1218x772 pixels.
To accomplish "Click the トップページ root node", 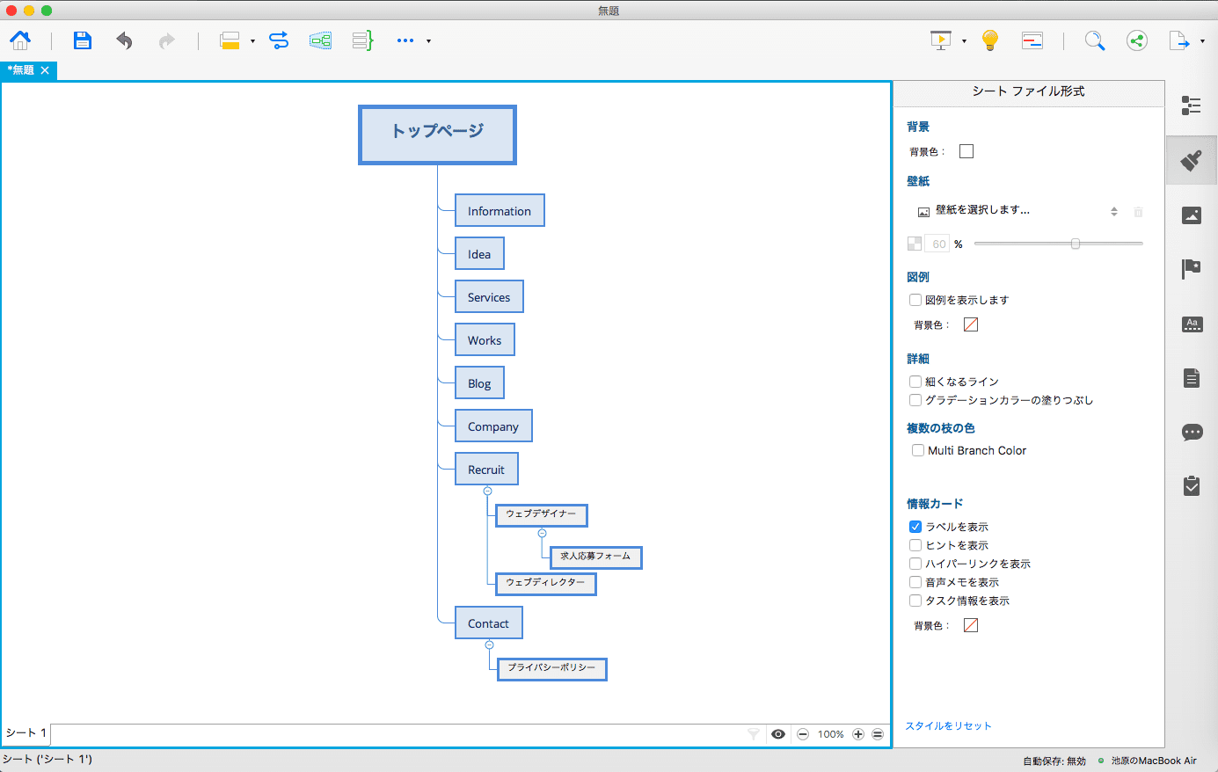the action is (x=437, y=135).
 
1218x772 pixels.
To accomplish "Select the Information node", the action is (x=500, y=210).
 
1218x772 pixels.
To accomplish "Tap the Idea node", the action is (x=479, y=253).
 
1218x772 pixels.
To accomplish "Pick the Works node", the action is (x=485, y=339).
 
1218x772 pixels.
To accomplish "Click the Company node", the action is (x=493, y=426).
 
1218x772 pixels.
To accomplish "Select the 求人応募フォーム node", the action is (x=596, y=557).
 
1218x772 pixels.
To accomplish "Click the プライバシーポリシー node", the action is (x=552, y=669).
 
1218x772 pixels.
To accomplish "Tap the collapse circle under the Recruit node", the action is (x=488, y=491).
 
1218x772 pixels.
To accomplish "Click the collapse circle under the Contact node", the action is (x=489, y=645).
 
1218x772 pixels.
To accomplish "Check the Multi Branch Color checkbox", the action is (x=918, y=450).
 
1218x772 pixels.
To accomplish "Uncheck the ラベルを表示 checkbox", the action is (x=915, y=527).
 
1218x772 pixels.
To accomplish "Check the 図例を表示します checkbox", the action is (x=915, y=300).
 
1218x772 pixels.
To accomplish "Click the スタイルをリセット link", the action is (x=948, y=725).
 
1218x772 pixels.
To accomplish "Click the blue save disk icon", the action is (x=82, y=40).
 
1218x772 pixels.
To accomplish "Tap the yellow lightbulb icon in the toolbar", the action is (x=989, y=40).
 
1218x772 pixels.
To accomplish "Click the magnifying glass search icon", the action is (x=1095, y=40).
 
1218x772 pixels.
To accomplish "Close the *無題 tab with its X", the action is (x=45, y=70).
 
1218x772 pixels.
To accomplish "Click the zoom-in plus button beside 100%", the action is (x=858, y=734).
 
